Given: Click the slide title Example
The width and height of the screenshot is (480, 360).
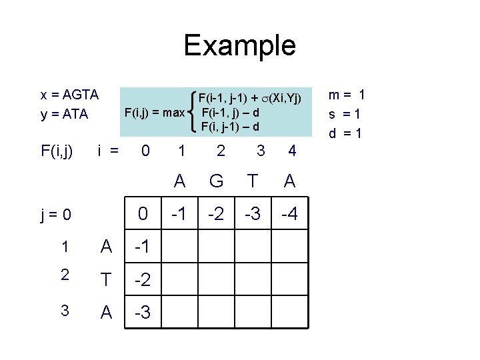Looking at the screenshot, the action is [x=239, y=45].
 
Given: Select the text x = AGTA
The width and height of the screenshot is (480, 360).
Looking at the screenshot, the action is [x=70, y=95].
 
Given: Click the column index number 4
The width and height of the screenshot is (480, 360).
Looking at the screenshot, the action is [x=291, y=152].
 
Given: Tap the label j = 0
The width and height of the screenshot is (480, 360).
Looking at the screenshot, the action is [x=55, y=215].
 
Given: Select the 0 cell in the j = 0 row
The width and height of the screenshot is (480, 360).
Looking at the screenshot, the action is [x=142, y=215].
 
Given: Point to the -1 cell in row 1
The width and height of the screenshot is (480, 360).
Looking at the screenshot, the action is [x=142, y=248].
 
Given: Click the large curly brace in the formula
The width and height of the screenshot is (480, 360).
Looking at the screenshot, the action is [x=193, y=112].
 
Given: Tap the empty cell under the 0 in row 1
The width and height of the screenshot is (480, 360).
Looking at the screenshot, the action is [x=179, y=248].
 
